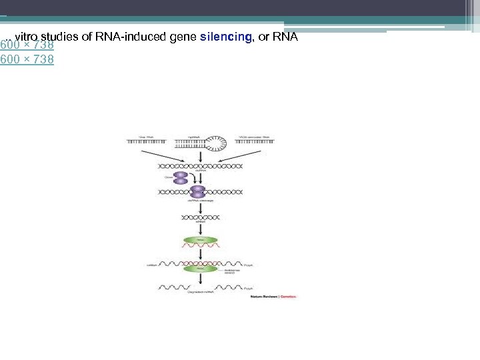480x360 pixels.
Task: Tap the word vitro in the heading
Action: [27, 37]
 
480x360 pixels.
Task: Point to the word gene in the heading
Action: [183, 37]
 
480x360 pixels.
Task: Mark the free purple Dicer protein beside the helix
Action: [181, 178]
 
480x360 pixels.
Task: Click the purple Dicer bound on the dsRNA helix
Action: [198, 192]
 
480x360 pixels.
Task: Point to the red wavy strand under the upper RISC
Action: [200, 245]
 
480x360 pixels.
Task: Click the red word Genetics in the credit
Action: [287, 296]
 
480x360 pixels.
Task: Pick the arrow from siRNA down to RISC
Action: [200, 227]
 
